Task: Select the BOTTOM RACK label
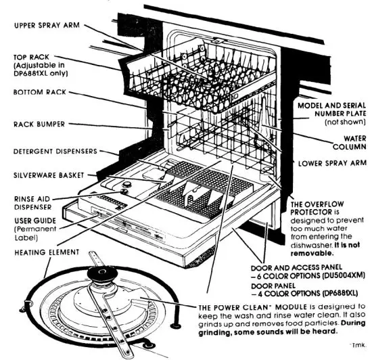click(40, 91)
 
